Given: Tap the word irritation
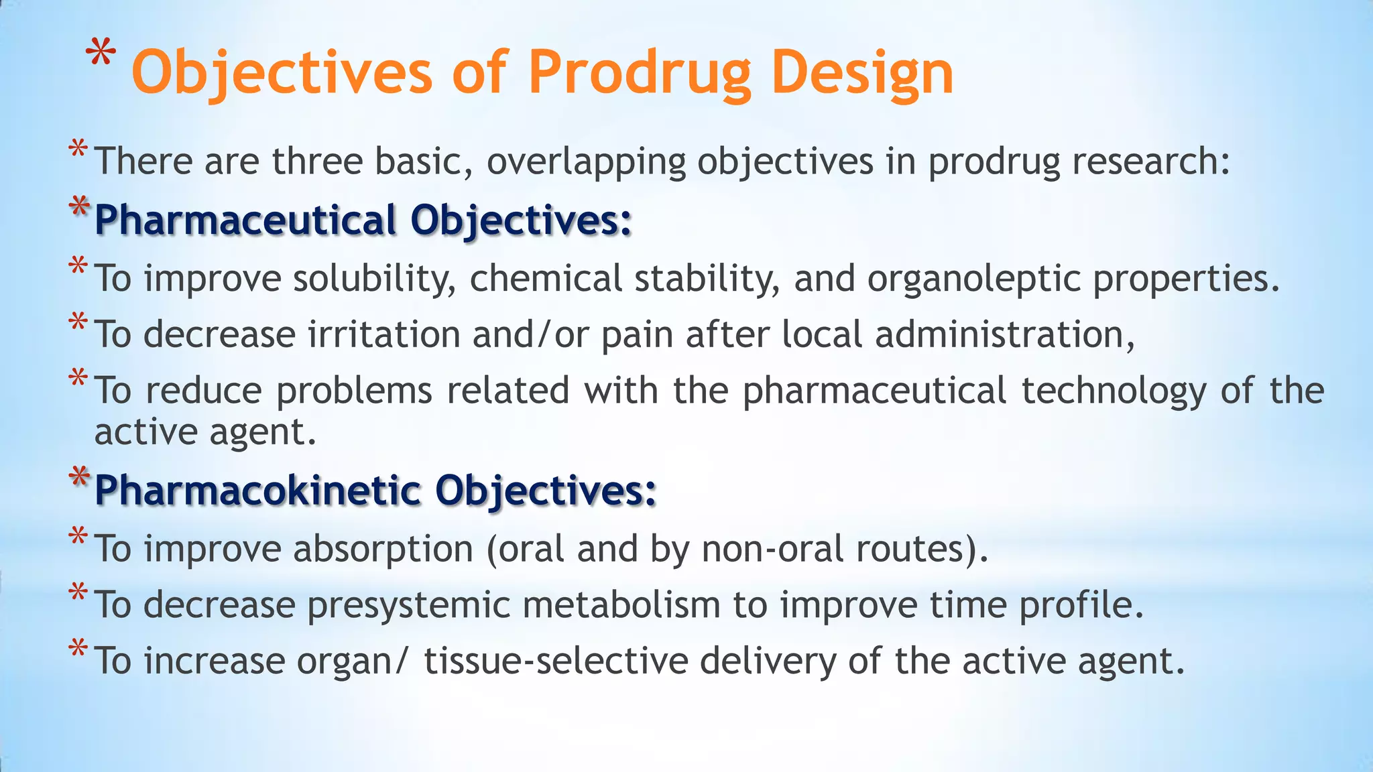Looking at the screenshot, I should tap(383, 334).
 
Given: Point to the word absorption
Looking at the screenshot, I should tap(383, 549).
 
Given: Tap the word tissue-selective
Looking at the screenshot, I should tap(556, 661).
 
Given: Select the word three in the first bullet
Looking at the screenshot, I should tap(316, 162).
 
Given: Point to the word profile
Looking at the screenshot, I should tap(1081, 605).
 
